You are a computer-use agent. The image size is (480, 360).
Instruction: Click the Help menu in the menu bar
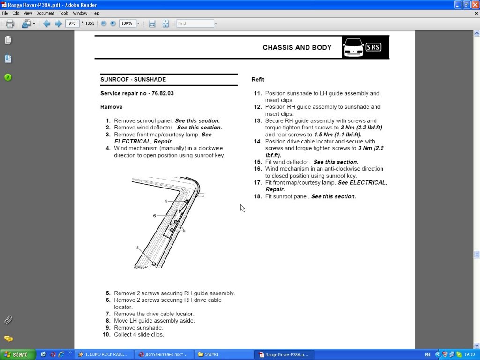95,13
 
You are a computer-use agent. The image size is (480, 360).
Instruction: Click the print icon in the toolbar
10,23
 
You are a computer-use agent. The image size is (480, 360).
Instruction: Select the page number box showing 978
72,23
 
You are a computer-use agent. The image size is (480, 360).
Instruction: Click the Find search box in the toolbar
195,23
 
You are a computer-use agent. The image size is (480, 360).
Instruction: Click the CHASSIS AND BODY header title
297,47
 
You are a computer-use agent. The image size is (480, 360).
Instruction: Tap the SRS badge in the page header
373,47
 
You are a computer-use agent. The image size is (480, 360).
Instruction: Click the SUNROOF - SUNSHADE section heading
133,79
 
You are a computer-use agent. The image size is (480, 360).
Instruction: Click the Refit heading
258,79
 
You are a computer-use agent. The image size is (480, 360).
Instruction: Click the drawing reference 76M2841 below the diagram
141,267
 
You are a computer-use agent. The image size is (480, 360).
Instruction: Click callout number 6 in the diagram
154,216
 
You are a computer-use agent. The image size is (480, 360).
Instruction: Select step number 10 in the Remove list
106,335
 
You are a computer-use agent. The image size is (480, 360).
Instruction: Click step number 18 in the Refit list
258,196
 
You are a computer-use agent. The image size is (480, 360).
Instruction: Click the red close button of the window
474,4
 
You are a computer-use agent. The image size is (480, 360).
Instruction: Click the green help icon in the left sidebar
8,77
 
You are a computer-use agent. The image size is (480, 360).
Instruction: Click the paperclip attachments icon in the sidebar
8,320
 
